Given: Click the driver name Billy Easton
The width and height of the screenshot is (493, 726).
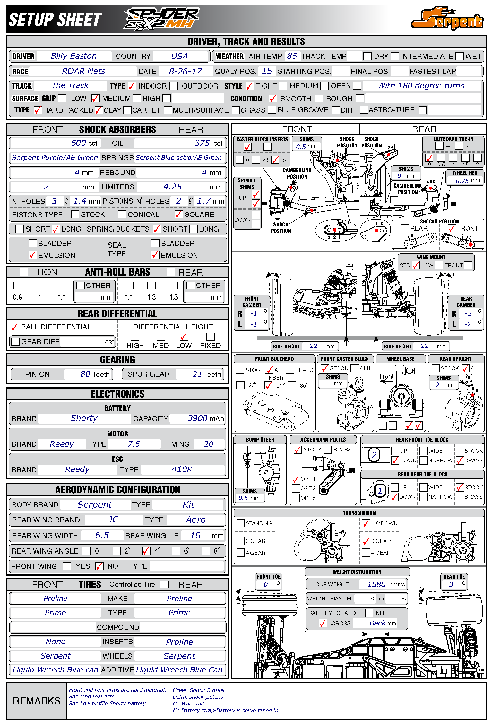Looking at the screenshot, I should pos(74,56).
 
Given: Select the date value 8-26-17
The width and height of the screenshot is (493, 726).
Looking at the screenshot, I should pos(185,71).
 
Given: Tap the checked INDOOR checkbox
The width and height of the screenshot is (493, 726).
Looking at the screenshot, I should pos(132,86).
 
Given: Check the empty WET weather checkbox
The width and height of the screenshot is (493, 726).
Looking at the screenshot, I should pos(460,57).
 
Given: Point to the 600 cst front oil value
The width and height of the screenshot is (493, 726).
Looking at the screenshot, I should pos(78,143).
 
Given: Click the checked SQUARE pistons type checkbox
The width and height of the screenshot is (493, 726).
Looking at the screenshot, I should pos(178,214).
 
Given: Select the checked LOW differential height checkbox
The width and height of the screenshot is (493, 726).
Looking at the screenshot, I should pos(184,337).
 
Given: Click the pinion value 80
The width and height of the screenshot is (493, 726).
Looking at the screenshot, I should pos(85,374).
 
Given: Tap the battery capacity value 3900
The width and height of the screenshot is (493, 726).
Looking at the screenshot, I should pos(197,418).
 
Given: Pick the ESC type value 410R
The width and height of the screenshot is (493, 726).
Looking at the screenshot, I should pos(182,469).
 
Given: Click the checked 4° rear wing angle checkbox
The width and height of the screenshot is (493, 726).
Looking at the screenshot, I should pos(146,551).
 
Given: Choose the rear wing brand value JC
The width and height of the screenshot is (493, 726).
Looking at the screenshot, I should pos(113,520).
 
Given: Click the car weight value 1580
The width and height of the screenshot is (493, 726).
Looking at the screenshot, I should pos(376,584).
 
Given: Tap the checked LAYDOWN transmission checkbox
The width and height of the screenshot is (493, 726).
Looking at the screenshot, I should pos(366,523).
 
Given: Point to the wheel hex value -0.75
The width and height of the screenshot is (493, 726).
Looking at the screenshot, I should pos(461,181).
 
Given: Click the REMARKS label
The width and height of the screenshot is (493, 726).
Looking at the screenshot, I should pos(37,701).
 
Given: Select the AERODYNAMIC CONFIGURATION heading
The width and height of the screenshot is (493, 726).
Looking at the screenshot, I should pos(117,490).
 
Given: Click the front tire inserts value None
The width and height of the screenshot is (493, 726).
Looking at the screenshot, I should pos(56,642).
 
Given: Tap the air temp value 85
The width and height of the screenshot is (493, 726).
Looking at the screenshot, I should pos(292,56).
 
